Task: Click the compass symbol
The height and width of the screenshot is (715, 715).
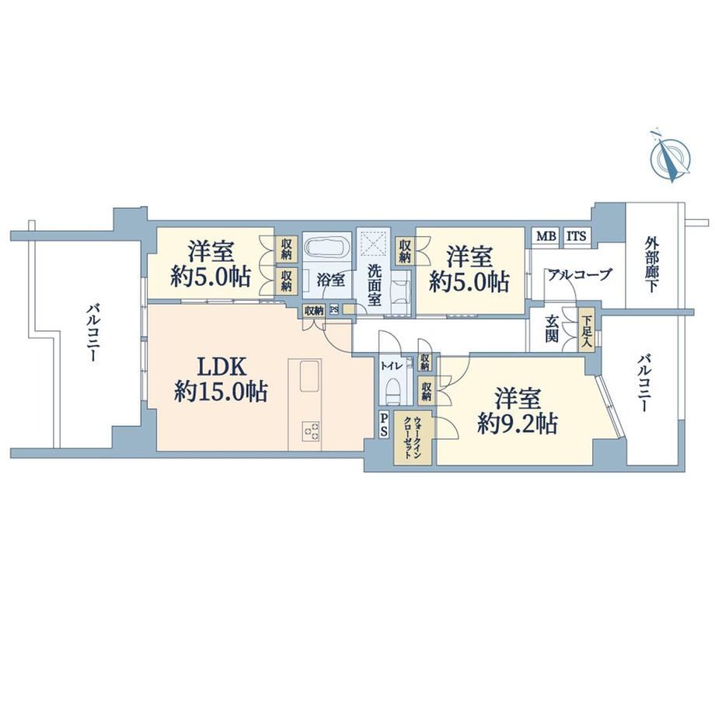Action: (x=669, y=156)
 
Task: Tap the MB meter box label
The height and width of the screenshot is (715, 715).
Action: (x=546, y=236)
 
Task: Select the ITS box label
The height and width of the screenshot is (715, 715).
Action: (x=577, y=236)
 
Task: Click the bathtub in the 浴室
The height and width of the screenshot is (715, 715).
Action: (x=326, y=249)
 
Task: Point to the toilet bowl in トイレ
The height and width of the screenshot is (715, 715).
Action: (x=393, y=392)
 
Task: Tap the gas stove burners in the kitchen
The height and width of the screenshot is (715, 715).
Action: (x=312, y=431)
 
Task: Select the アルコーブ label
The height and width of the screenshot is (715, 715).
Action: (x=579, y=275)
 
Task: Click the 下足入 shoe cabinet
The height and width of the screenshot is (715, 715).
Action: (x=586, y=330)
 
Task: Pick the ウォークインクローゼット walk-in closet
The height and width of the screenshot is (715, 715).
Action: (x=413, y=438)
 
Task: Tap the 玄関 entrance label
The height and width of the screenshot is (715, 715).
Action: (x=551, y=328)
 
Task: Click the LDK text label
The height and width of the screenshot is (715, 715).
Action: (x=221, y=367)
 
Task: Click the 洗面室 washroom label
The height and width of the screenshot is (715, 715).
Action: (x=375, y=285)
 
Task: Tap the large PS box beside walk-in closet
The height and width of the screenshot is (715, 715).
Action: (x=384, y=424)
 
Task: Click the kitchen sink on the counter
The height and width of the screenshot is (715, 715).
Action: (x=311, y=375)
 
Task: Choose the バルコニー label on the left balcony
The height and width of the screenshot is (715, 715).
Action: (x=92, y=334)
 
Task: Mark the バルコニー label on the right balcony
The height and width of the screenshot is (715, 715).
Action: (x=643, y=383)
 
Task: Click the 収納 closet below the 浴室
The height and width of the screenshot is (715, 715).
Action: (x=314, y=311)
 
